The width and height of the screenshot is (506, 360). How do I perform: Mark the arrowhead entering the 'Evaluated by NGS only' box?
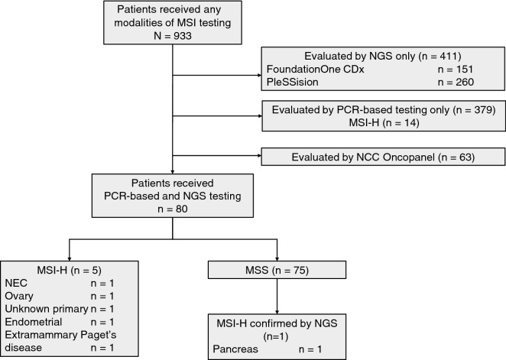(x=257, y=75)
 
